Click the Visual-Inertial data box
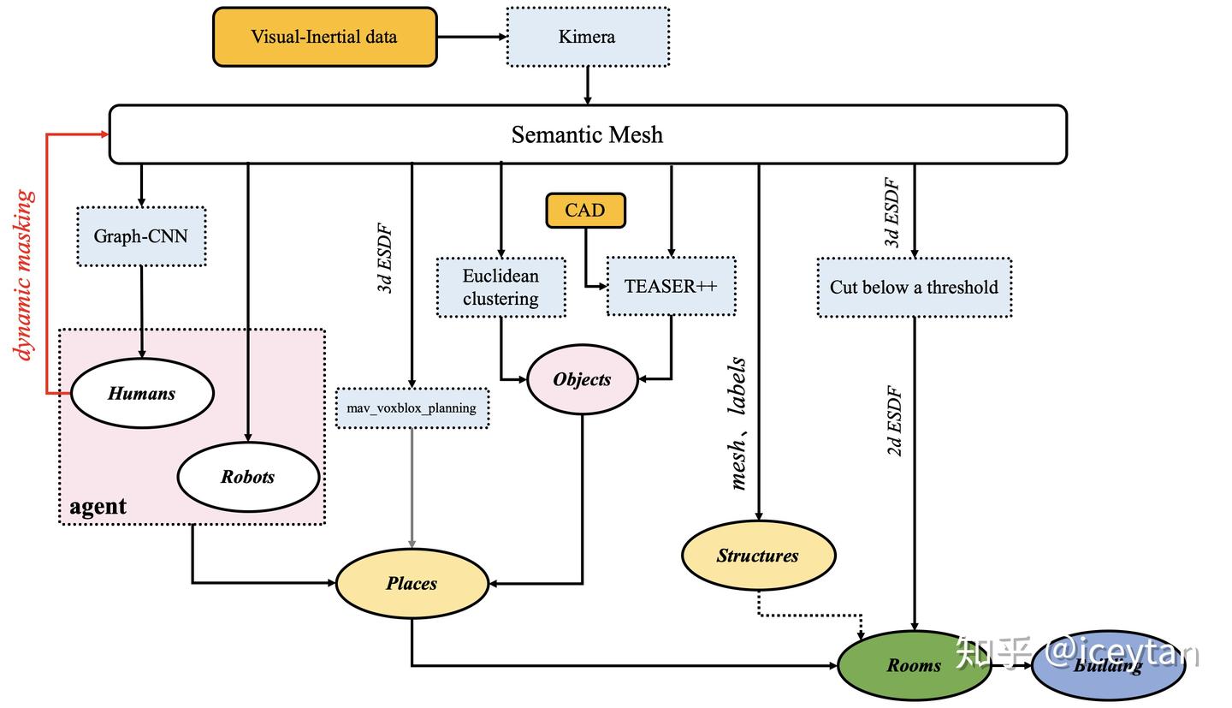pos(324,37)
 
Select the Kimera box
pos(587,37)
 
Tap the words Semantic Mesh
pos(587,134)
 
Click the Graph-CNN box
pos(141,236)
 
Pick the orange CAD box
pos(585,210)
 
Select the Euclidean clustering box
pos(500,288)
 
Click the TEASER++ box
pos(671,287)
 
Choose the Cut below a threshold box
pos(914,288)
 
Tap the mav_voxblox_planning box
pos(412,408)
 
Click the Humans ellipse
pos(141,394)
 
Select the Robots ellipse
pos(248,477)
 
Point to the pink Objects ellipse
pos(582,379)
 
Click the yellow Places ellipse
pos(412,584)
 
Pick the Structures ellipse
pos(758,556)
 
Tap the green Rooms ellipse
pos(913,665)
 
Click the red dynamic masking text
pos(25,275)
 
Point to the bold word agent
pos(98,506)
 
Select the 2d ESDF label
pos(895,421)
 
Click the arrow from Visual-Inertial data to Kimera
pos(471,37)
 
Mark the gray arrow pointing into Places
pos(412,488)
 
